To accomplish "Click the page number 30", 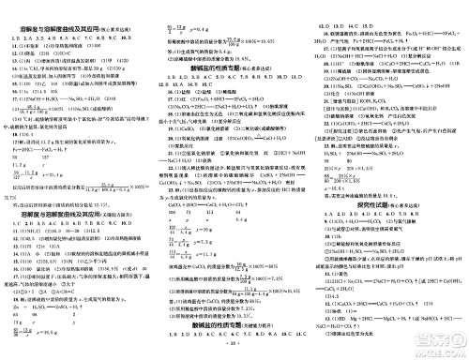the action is (234, 355).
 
